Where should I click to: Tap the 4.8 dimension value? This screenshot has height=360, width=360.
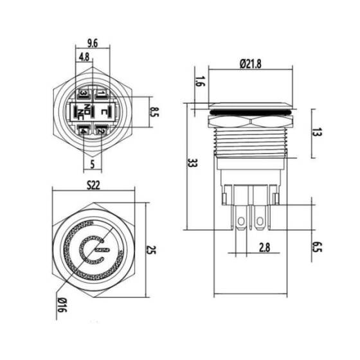84,57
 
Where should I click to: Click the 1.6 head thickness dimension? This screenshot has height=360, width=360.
197,82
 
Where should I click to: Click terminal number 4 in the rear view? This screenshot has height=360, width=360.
84,132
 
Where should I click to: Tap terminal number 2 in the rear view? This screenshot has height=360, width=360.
101,132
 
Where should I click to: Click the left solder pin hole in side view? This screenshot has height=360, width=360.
242,222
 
